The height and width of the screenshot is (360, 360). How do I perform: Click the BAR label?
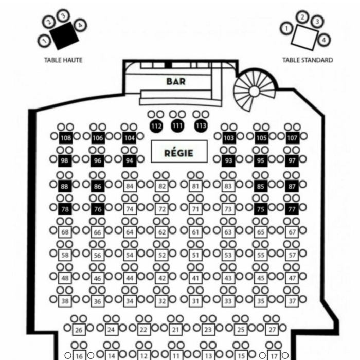tap(176, 81)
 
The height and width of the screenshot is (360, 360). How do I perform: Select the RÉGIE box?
tap(178, 153)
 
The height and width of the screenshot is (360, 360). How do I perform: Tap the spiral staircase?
tap(254, 91)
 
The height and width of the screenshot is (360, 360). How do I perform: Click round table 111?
tap(177, 125)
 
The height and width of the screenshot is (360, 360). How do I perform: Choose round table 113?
tap(201, 125)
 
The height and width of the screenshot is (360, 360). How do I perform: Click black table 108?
tap(66, 138)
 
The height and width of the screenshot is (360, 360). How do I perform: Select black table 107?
tap(292, 138)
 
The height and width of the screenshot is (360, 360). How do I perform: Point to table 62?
tap(162, 232)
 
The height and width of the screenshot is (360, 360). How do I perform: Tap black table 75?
tap(261, 209)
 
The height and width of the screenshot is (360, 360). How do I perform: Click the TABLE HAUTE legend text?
tap(63, 60)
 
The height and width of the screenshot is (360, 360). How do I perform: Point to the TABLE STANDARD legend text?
tap(307, 60)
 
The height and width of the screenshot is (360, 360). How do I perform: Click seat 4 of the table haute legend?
tap(80, 25)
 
